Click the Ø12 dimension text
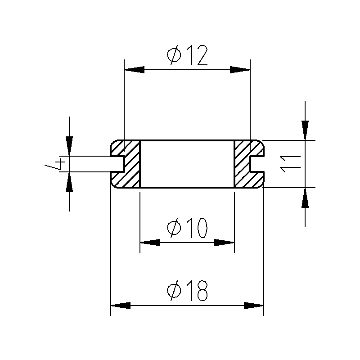[187, 55]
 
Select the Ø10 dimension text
[187, 228]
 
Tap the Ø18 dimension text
[187, 291]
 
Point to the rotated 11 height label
[290, 164]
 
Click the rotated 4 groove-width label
[55, 164]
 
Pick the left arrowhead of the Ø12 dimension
[134, 70]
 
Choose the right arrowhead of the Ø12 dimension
[240, 70]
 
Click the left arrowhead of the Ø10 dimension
[150, 243]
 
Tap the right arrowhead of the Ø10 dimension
[224, 243]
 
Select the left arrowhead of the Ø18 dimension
[121, 306]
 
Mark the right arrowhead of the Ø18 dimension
[253, 306]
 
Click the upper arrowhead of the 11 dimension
[305, 130]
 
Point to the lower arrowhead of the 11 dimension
[305, 198]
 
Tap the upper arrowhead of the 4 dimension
[69, 146]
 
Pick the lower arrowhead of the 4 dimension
[69, 182]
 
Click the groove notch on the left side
[117, 164]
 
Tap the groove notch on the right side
[257, 164]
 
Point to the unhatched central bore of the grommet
[187, 164]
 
